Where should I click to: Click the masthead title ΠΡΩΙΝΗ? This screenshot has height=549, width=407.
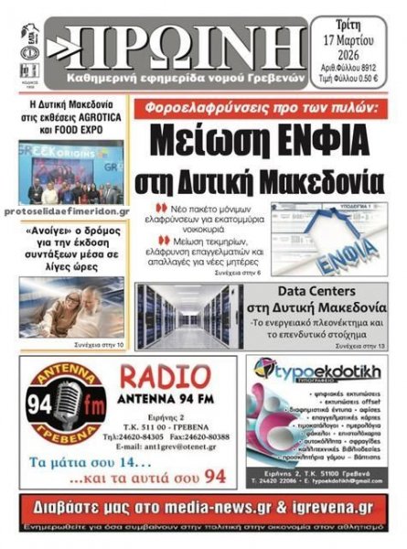coord(174,41)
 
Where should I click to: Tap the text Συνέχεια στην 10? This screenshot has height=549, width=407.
coord(106,344)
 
